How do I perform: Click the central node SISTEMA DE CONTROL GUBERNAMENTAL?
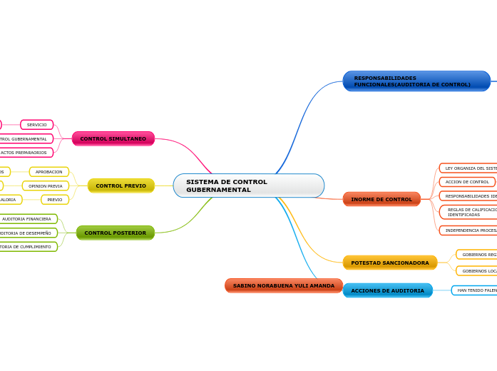pos(248,185)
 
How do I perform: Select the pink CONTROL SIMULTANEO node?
pos(113,138)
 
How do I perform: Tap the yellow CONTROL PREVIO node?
pos(121,185)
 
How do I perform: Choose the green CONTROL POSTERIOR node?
pos(115,233)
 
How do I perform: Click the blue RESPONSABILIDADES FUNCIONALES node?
pos(416,81)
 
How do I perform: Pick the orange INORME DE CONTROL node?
pos(381,199)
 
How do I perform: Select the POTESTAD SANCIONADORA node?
pos(389,263)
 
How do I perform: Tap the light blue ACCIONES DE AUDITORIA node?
pos(387,290)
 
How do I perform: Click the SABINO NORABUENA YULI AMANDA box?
pos(283,285)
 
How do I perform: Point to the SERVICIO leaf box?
pos(36,125)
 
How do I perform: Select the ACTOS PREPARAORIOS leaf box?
pos(25,152)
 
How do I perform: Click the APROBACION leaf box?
pos(48,172)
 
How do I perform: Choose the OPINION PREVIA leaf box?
pos(45,185)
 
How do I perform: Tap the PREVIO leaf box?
pos(54,199)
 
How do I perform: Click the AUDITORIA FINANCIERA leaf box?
pos(27,219)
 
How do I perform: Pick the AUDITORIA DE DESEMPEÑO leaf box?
pos(27,233)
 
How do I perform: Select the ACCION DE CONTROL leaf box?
pos(467,182)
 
